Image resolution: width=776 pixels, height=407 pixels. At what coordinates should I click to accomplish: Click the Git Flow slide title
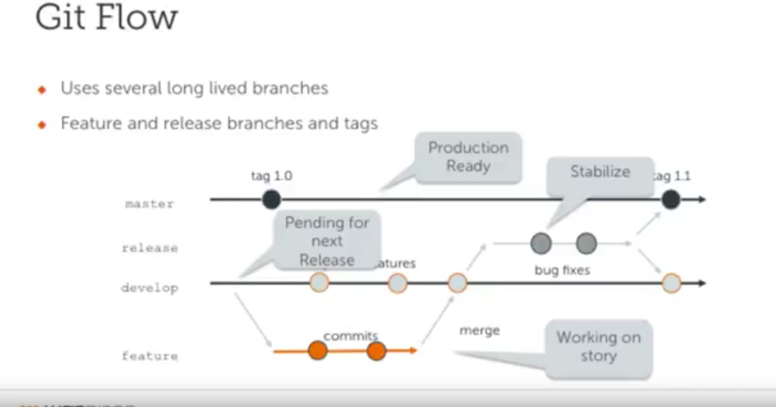point(107,18)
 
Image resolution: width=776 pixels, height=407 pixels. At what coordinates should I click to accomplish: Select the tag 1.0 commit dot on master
point(272,200)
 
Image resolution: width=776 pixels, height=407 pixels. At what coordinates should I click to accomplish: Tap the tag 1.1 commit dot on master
point(671,200)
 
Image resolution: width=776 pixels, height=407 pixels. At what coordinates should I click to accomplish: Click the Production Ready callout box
point(468,157)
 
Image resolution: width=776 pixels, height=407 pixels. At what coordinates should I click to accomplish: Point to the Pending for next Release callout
point(327,240)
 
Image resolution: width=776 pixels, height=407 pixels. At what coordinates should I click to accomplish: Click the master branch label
point(149,204)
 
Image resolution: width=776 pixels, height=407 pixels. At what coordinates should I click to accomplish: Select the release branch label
point(149,248)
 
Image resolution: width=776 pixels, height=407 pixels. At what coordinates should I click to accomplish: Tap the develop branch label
point(149,288)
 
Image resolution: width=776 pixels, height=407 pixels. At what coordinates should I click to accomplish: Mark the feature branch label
point(149,356)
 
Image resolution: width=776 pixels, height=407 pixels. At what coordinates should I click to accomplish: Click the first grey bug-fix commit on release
point(541,244)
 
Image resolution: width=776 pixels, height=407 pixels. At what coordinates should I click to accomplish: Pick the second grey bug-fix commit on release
point(586,244)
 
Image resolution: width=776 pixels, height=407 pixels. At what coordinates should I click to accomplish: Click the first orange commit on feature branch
point(318,351)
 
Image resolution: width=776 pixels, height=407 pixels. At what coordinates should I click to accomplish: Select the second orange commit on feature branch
point(376,351)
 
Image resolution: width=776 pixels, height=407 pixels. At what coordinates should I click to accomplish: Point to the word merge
point(479,331)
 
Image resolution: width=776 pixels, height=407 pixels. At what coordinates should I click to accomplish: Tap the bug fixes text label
point(563,270)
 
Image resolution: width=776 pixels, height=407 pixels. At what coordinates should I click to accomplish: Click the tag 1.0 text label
point(272,176)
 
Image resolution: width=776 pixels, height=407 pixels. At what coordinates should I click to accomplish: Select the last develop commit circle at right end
point(672,283)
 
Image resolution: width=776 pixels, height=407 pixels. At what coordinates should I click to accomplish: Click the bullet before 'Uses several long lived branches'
point(43,89)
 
